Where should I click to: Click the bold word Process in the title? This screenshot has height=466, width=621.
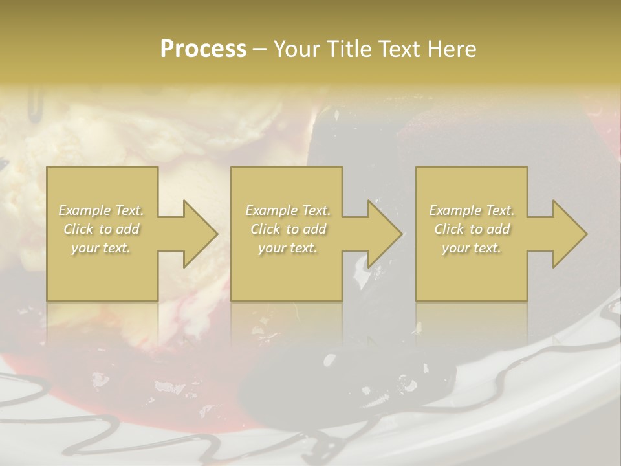pyautogui.click(x=203, y=49)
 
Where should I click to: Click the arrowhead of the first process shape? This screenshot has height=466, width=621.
pyautogui.click(x=200, y=234)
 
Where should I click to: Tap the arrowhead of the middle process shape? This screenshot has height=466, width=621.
pyautogui.click(x=384, y=234)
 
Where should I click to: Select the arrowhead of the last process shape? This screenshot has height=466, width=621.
pyautogui.click(x=569, y=234)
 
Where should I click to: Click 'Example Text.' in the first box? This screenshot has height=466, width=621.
pyautogui.click(x=102, y=210)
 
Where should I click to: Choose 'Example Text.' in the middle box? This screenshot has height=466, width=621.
pyautogui.click(x=288, y=210)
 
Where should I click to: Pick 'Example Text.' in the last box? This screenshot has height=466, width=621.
pyautogui.click(x=472, y=210)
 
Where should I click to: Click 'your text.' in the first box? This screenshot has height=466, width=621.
pyautogui.click(x=101, y=248)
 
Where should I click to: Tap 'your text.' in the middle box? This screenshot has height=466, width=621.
pyautogui.click(x=288, y=248)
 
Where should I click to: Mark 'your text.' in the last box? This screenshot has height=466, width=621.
pyautogui.click(x=472, y=248)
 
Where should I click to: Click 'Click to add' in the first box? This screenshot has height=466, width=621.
pyautogui.click(x=102, y=229)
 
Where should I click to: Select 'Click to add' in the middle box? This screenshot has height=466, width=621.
pyautogui.click(x=288, y=229)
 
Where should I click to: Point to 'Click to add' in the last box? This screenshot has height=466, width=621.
pyautogui.click(x=472, y=229)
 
